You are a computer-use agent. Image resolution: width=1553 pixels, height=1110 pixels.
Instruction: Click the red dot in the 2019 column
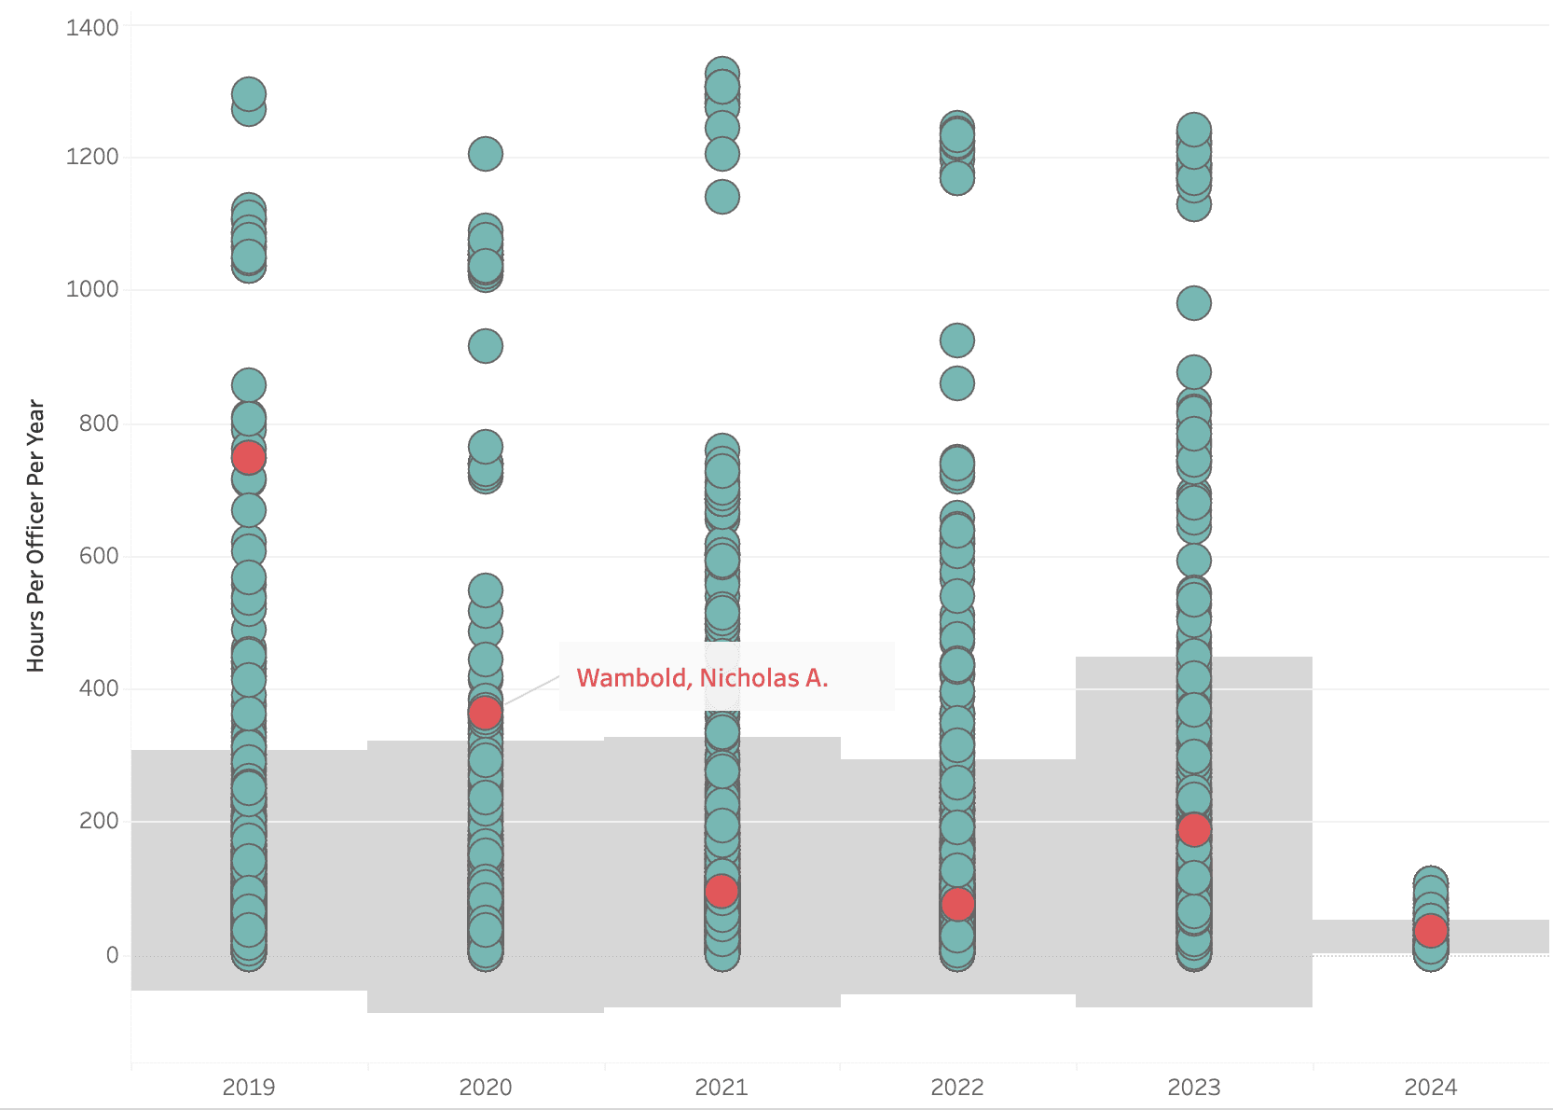pyautogui.click(x=248, y=457)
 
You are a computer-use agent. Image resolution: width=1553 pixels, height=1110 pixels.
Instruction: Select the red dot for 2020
pyautogui.click(x=485, y=713)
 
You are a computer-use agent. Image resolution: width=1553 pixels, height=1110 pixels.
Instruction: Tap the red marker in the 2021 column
pyautogui.click(x=722, y=891)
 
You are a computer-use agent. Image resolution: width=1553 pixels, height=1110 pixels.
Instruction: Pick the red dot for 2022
pyautogui.click(x=957, y=904)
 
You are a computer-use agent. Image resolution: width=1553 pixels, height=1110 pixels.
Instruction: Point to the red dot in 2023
pyautogui.click(x=1194, y=829)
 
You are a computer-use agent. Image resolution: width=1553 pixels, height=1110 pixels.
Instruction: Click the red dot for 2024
pyautogui.click(x=1430, y=930)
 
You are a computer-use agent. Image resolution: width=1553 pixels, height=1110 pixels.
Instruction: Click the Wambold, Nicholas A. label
pyautogui.click(x=702, y=677)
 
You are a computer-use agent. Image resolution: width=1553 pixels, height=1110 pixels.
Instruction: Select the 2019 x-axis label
pyautogui.click(x=248, y=1087)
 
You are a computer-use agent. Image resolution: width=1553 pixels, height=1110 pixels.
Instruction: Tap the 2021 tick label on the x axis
pyautogui.click(x=722, y=1087)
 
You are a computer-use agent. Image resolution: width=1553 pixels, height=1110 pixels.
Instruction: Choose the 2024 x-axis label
pyautogui.click(x=1430, y=1087)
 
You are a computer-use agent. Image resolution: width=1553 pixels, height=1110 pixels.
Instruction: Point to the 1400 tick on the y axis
pyautogui.click(x=92, y=27)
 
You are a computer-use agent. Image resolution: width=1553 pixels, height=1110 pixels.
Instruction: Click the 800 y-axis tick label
pyautogui.click(x=99, y=423)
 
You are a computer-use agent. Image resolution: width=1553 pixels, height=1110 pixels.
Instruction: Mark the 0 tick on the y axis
pyautogui.click(x=112, y=954)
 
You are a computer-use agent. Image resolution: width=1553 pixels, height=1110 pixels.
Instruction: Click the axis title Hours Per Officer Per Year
pyautogui.click(x=35, y=535)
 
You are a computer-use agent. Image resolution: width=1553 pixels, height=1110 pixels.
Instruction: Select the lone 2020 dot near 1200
pyautogui.click(x=485, y=154)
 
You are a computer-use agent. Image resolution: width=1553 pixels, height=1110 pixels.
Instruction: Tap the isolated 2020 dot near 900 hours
pyautogui.click(x=485, y=346)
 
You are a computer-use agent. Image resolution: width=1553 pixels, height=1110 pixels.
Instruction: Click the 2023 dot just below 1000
pyautogui.click(x=1194, y=303)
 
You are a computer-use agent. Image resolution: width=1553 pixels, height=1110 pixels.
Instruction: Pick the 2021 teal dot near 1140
pyautogui.click(x=722, y=197)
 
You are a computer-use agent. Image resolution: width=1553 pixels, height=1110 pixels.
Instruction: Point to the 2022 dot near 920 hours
pyautogui.click(x=957, y=340)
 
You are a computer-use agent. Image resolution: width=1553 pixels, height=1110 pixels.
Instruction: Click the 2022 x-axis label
pyautogui.click(x=957, y=1087)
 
